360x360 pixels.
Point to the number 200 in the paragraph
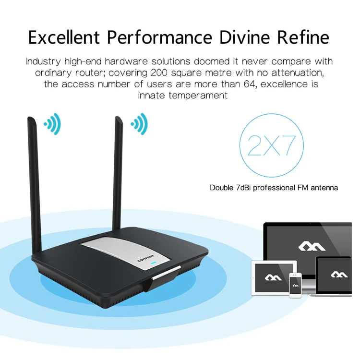160,73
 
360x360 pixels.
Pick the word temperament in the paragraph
196,95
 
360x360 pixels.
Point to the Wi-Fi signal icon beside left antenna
52,124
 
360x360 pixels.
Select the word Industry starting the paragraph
42,62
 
